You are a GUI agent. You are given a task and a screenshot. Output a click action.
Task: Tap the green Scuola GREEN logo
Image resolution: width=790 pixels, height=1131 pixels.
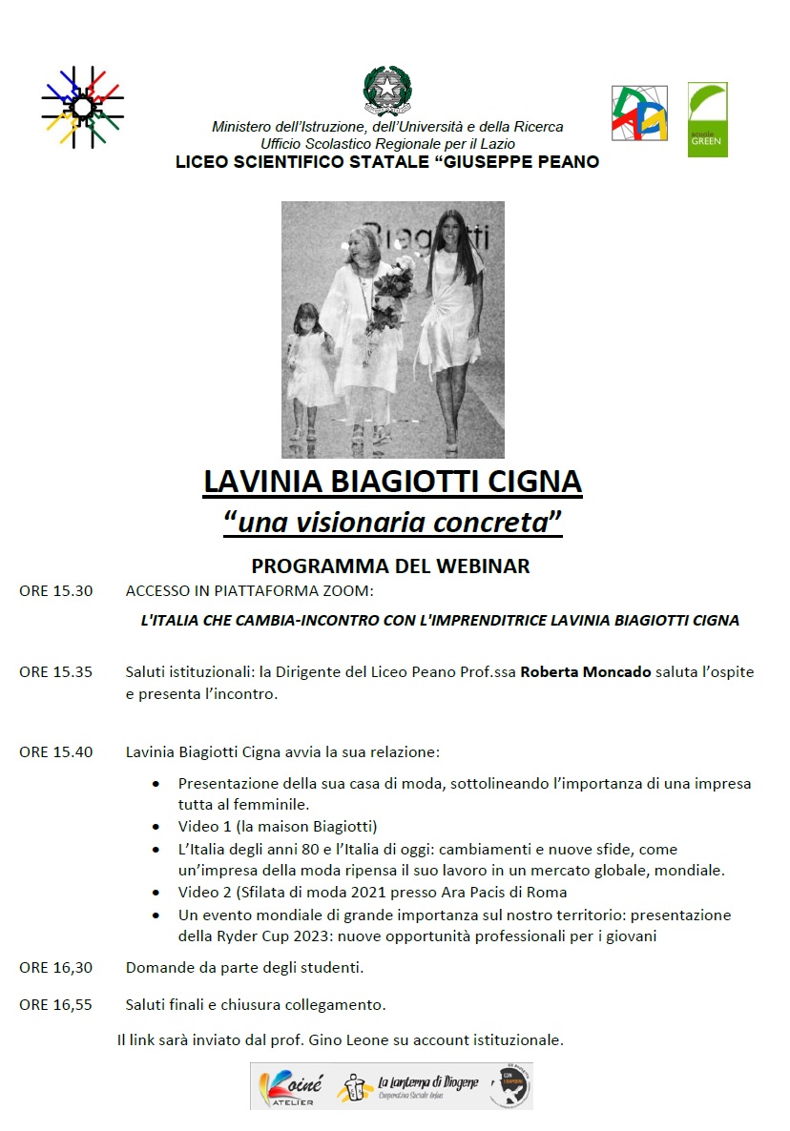click(707, 119)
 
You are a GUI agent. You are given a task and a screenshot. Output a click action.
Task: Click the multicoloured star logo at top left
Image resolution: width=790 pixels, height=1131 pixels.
click(82, 106)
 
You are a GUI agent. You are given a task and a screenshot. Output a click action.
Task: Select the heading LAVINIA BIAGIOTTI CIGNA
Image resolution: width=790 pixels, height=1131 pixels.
click(392, 482)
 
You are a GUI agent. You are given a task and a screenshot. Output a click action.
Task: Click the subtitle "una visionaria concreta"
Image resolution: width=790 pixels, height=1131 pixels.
click(392, 523)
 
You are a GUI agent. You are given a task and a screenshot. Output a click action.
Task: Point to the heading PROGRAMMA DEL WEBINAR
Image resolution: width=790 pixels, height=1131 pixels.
click(390, 566)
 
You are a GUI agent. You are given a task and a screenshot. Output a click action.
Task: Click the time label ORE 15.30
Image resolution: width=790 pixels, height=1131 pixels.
click(56, 591)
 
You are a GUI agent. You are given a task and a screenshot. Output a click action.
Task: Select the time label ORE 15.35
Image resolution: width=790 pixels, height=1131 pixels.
click(56, 672)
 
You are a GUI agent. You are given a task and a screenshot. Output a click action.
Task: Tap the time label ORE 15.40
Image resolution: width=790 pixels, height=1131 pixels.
click(56, 752)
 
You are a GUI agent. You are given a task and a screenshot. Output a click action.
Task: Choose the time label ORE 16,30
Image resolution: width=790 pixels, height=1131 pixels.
click(56, 968)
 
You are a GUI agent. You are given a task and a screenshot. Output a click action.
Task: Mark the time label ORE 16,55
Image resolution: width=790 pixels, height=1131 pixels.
click(56, 1005)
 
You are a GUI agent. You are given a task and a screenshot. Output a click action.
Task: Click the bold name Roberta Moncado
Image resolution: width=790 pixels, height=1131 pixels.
click(586, 672)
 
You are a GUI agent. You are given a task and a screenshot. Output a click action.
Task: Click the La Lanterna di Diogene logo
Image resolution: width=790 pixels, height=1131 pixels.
click(412, 1086)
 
